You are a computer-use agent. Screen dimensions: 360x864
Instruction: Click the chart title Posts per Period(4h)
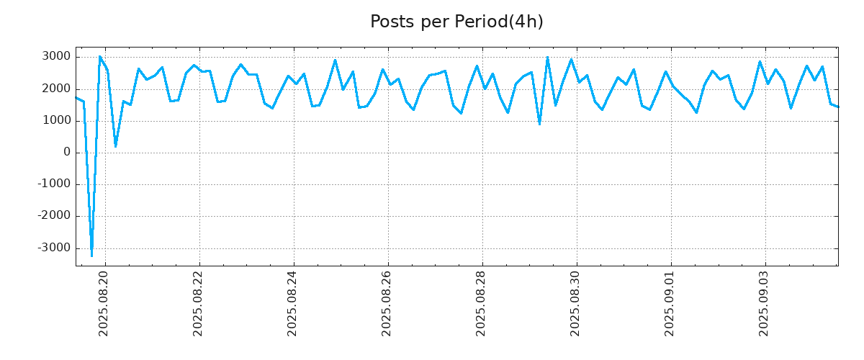pos(456,22)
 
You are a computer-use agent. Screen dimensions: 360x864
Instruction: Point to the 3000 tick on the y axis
pos(57,57)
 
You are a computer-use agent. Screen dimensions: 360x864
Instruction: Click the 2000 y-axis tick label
pos(57,89)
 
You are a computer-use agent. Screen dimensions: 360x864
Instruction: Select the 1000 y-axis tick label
pos(57,121)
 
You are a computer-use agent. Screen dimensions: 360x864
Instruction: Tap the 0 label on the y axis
pos(67,153)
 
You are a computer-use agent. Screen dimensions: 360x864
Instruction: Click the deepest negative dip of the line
pos(91,255)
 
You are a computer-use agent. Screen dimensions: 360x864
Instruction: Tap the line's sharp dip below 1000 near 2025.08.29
pos(539,124)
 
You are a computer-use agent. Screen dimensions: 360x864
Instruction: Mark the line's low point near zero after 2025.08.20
pos(115,146)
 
